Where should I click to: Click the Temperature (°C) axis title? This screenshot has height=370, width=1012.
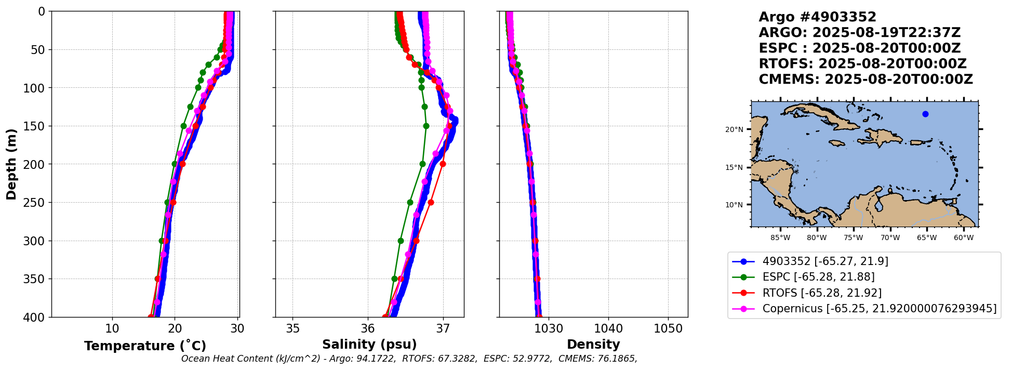145,346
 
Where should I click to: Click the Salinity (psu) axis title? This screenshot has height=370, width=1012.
369,345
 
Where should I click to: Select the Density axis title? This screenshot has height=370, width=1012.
593,345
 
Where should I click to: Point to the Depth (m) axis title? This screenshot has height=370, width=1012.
11,164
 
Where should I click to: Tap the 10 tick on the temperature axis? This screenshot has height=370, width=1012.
112,328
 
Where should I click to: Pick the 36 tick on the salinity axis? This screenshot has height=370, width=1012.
368,328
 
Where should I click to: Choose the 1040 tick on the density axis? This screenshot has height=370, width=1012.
608,328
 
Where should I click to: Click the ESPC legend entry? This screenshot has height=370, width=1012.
818,277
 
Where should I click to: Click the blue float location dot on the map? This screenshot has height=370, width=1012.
925,114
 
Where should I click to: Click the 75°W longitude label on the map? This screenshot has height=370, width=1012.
854,238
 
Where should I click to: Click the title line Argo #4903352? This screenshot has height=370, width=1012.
817,17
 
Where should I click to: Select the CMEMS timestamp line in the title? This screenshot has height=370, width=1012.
865,80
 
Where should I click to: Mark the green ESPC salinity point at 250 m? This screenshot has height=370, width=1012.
410,202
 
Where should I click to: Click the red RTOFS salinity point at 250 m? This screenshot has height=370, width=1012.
431,202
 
